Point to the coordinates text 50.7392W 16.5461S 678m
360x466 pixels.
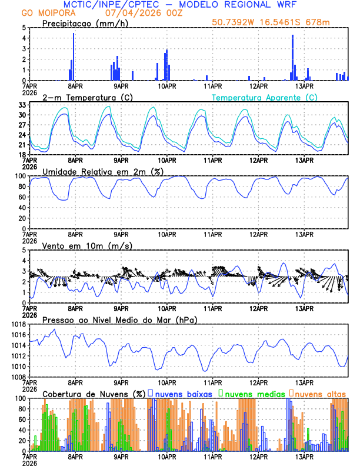point(272,23)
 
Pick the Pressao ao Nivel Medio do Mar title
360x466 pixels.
point(119,319)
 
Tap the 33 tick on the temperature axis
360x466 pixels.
point(22,105)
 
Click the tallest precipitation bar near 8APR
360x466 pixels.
point(74,56)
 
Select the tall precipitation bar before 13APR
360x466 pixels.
point(292,58)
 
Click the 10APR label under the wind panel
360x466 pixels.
point(167,308)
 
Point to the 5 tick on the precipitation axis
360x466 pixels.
point(24,28)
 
